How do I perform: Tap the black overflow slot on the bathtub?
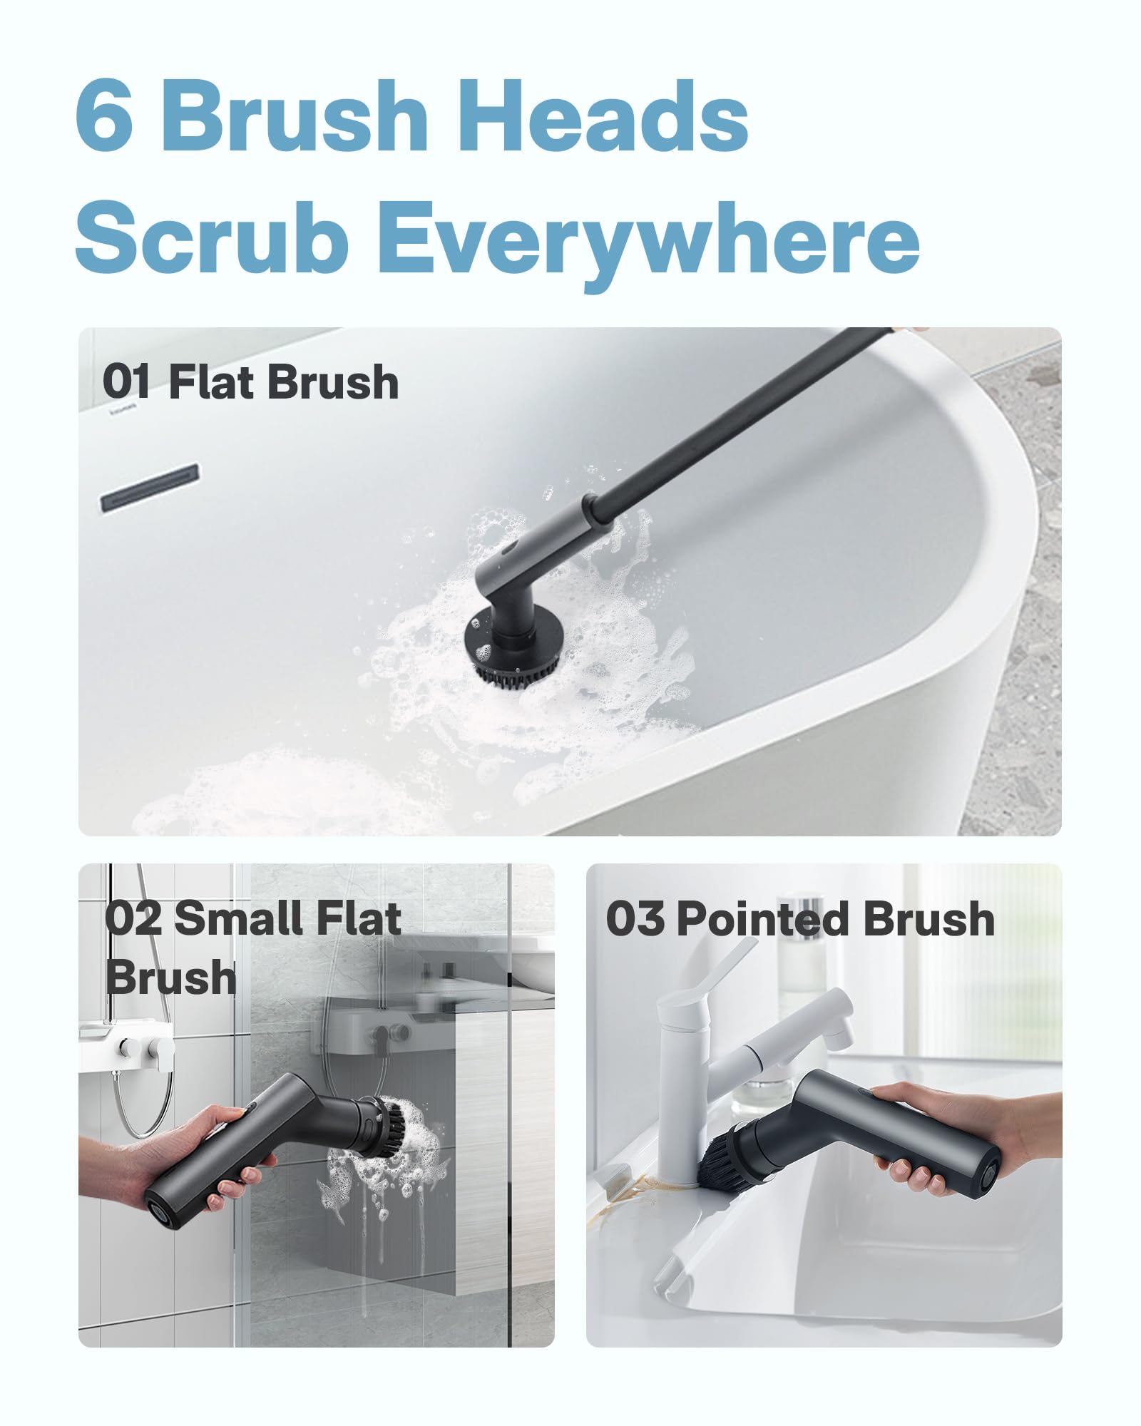tap(149, 486)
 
